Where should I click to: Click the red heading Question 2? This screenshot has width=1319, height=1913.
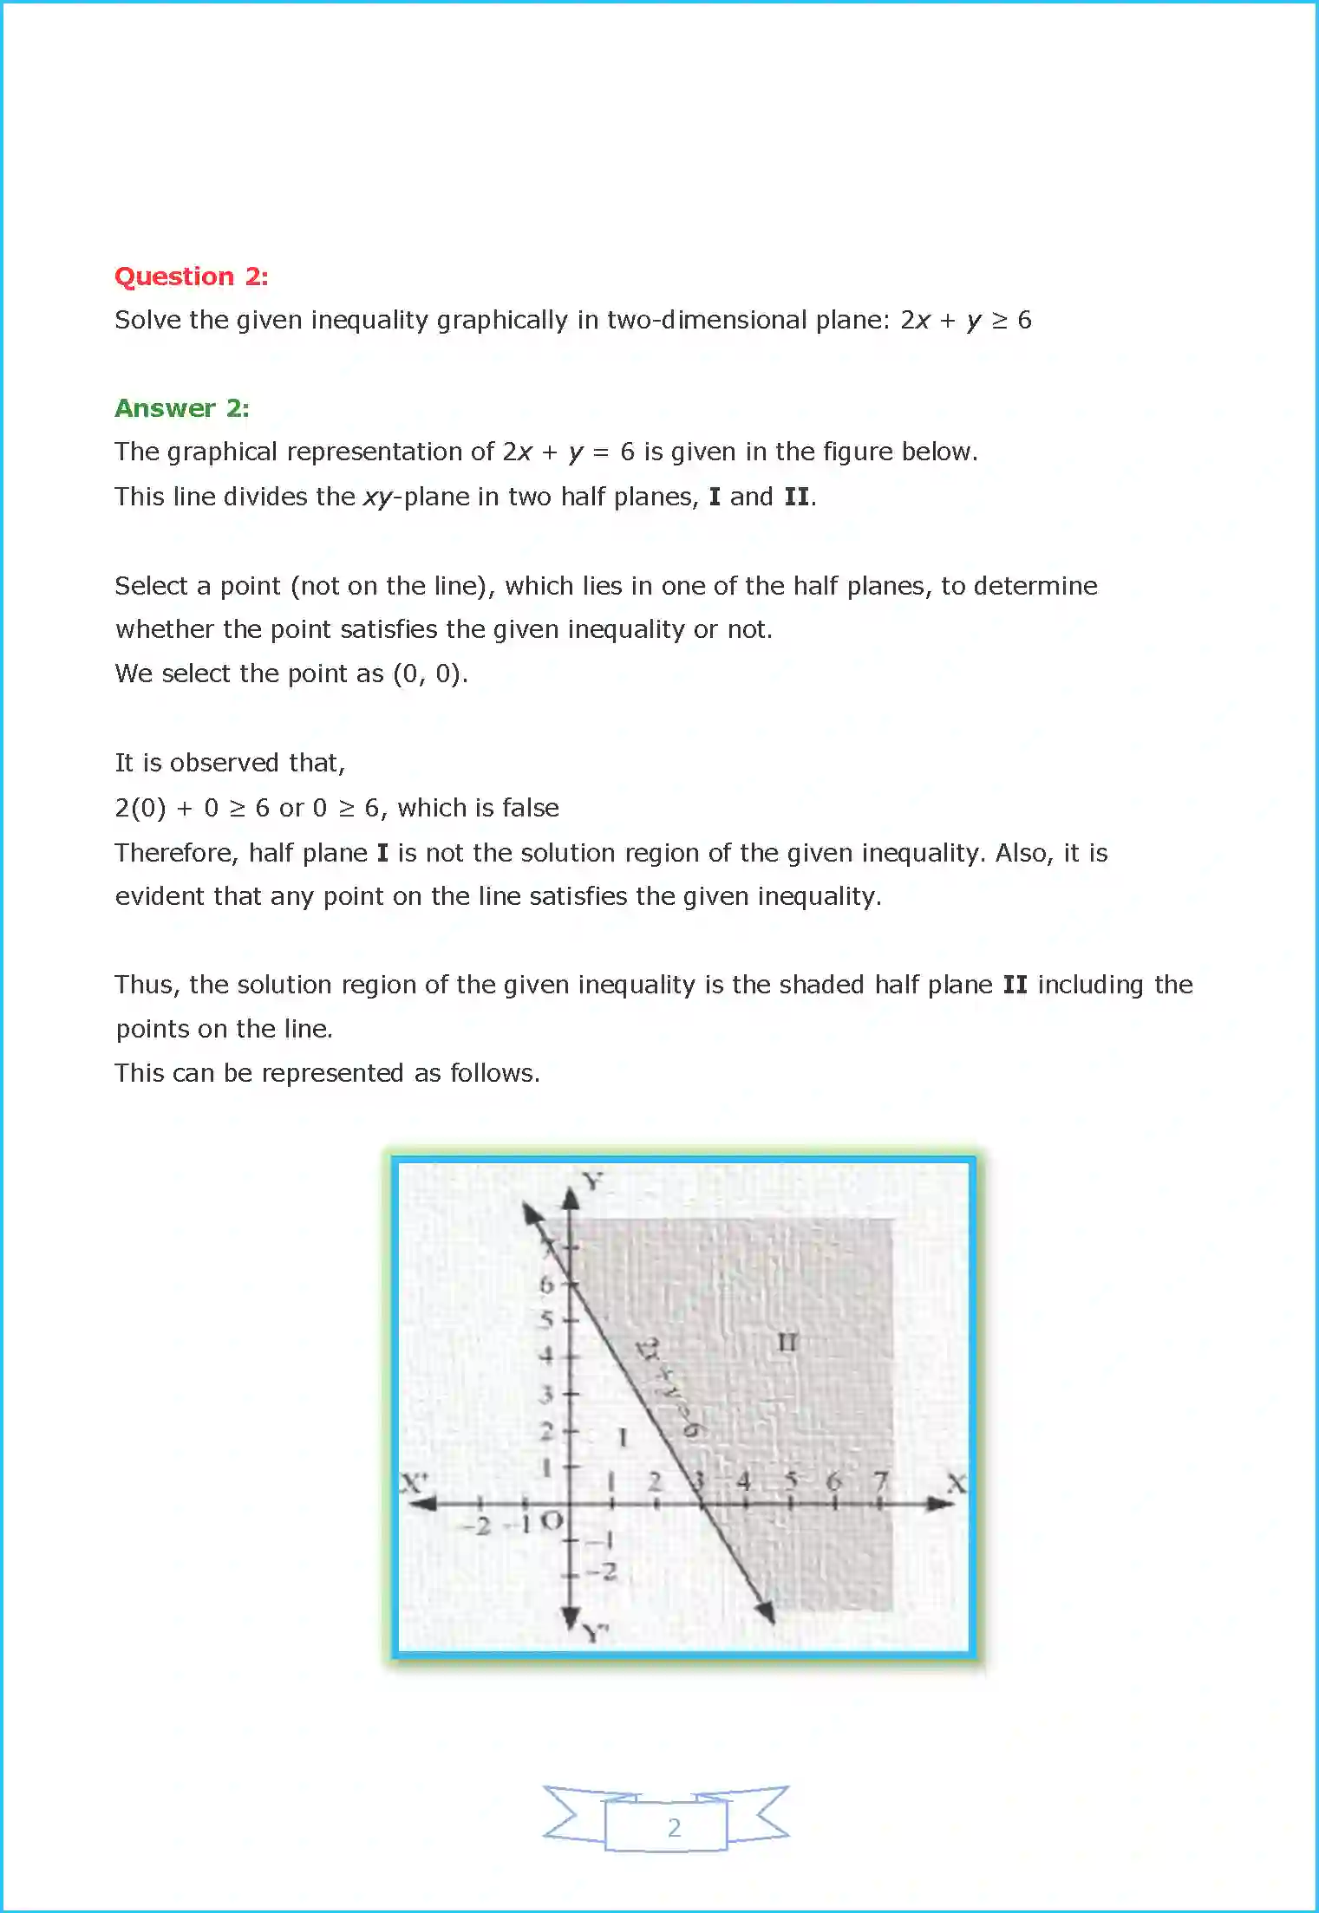click(191, 277)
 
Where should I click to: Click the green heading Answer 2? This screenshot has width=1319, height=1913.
click(182, 408)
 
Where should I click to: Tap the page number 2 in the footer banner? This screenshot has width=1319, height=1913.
click(674, 1827)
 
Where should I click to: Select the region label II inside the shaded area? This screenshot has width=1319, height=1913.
click(787, 1343)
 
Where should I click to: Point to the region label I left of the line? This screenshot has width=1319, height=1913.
click(622, 1438)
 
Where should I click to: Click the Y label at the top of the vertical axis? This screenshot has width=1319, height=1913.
click(591, 1181)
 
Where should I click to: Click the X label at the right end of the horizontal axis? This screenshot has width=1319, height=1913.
click(956, 1483)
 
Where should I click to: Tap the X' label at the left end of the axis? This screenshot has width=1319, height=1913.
click(414, 1482)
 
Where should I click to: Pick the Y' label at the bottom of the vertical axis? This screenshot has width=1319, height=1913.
click(595, 1634)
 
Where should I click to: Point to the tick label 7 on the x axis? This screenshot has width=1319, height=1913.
click(881, 1481)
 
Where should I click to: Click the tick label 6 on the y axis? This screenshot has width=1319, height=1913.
click(545, 1285)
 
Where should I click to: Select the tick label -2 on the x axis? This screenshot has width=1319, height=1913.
click(479, 1526)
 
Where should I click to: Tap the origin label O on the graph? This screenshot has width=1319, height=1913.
click(552, 1520)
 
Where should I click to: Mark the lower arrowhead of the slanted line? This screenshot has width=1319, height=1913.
click(764, 1610)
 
